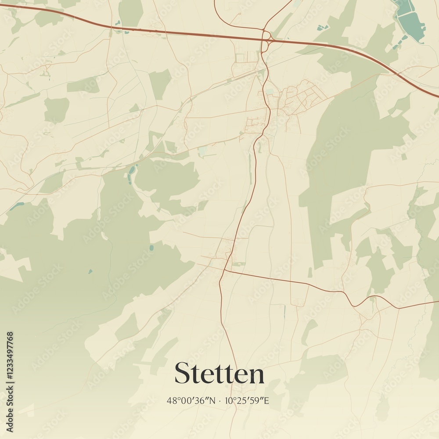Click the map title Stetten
(x=219, y=374)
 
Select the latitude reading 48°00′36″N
(x=191, y=401)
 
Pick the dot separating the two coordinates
(x=220, y=401)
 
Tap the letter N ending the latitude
(x=213, y=401)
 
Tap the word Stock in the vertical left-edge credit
(x=10, y=402)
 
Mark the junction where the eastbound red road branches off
(x=224, y=270)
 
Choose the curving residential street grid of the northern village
(x=303, y=94)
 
